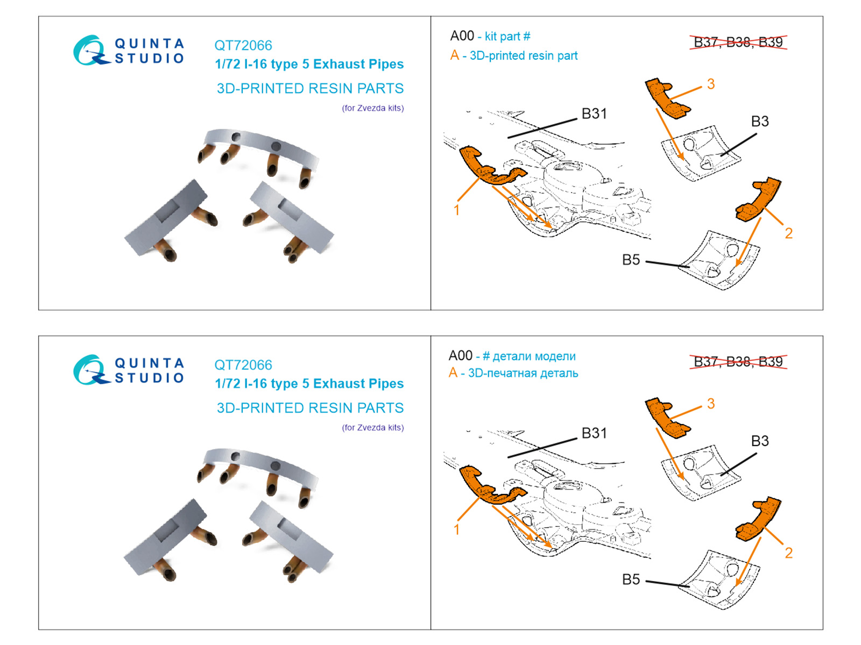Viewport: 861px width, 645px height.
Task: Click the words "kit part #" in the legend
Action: pyautogui.click(x=507, y=37)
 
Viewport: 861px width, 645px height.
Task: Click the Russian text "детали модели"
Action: pyautogui.click(x=534, y=356)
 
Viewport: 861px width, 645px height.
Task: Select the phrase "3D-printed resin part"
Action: pyautogui.click(x=524, y=56)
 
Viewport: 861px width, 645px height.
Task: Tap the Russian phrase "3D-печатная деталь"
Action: pyautogui.click(x=523, y=373)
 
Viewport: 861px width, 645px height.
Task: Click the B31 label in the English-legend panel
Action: pyautogui.click(x=594, y=114)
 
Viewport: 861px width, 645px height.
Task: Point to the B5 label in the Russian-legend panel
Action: pyautogui.click(x=631, y=579)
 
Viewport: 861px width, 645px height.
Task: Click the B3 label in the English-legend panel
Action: pyautogui.click(x=760, y=121)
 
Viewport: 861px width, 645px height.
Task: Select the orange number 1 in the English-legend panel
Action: pyautogui.click(x=456, y=210)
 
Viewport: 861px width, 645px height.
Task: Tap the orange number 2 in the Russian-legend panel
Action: pyautogui.click(x=788, y=553)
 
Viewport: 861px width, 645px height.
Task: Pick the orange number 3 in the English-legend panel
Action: pyautogui.click(x=711, y=84)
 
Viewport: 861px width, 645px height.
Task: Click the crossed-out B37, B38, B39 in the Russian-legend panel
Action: pyautogui.click(x=738, y=362)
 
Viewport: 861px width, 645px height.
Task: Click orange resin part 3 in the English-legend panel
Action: pyautogui.click(x=667, y=98)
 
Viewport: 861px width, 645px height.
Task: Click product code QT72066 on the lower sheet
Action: pyautogui.click(x=243, y=365)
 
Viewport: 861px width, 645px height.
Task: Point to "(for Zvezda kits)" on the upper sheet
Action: pyautogui.click(x=373, y=108)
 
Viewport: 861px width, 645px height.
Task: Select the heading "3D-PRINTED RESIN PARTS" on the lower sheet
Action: pyautogui.click(x=310, y=408)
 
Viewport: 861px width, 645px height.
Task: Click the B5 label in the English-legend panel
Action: pyautogui.click(x=631, y=260)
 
